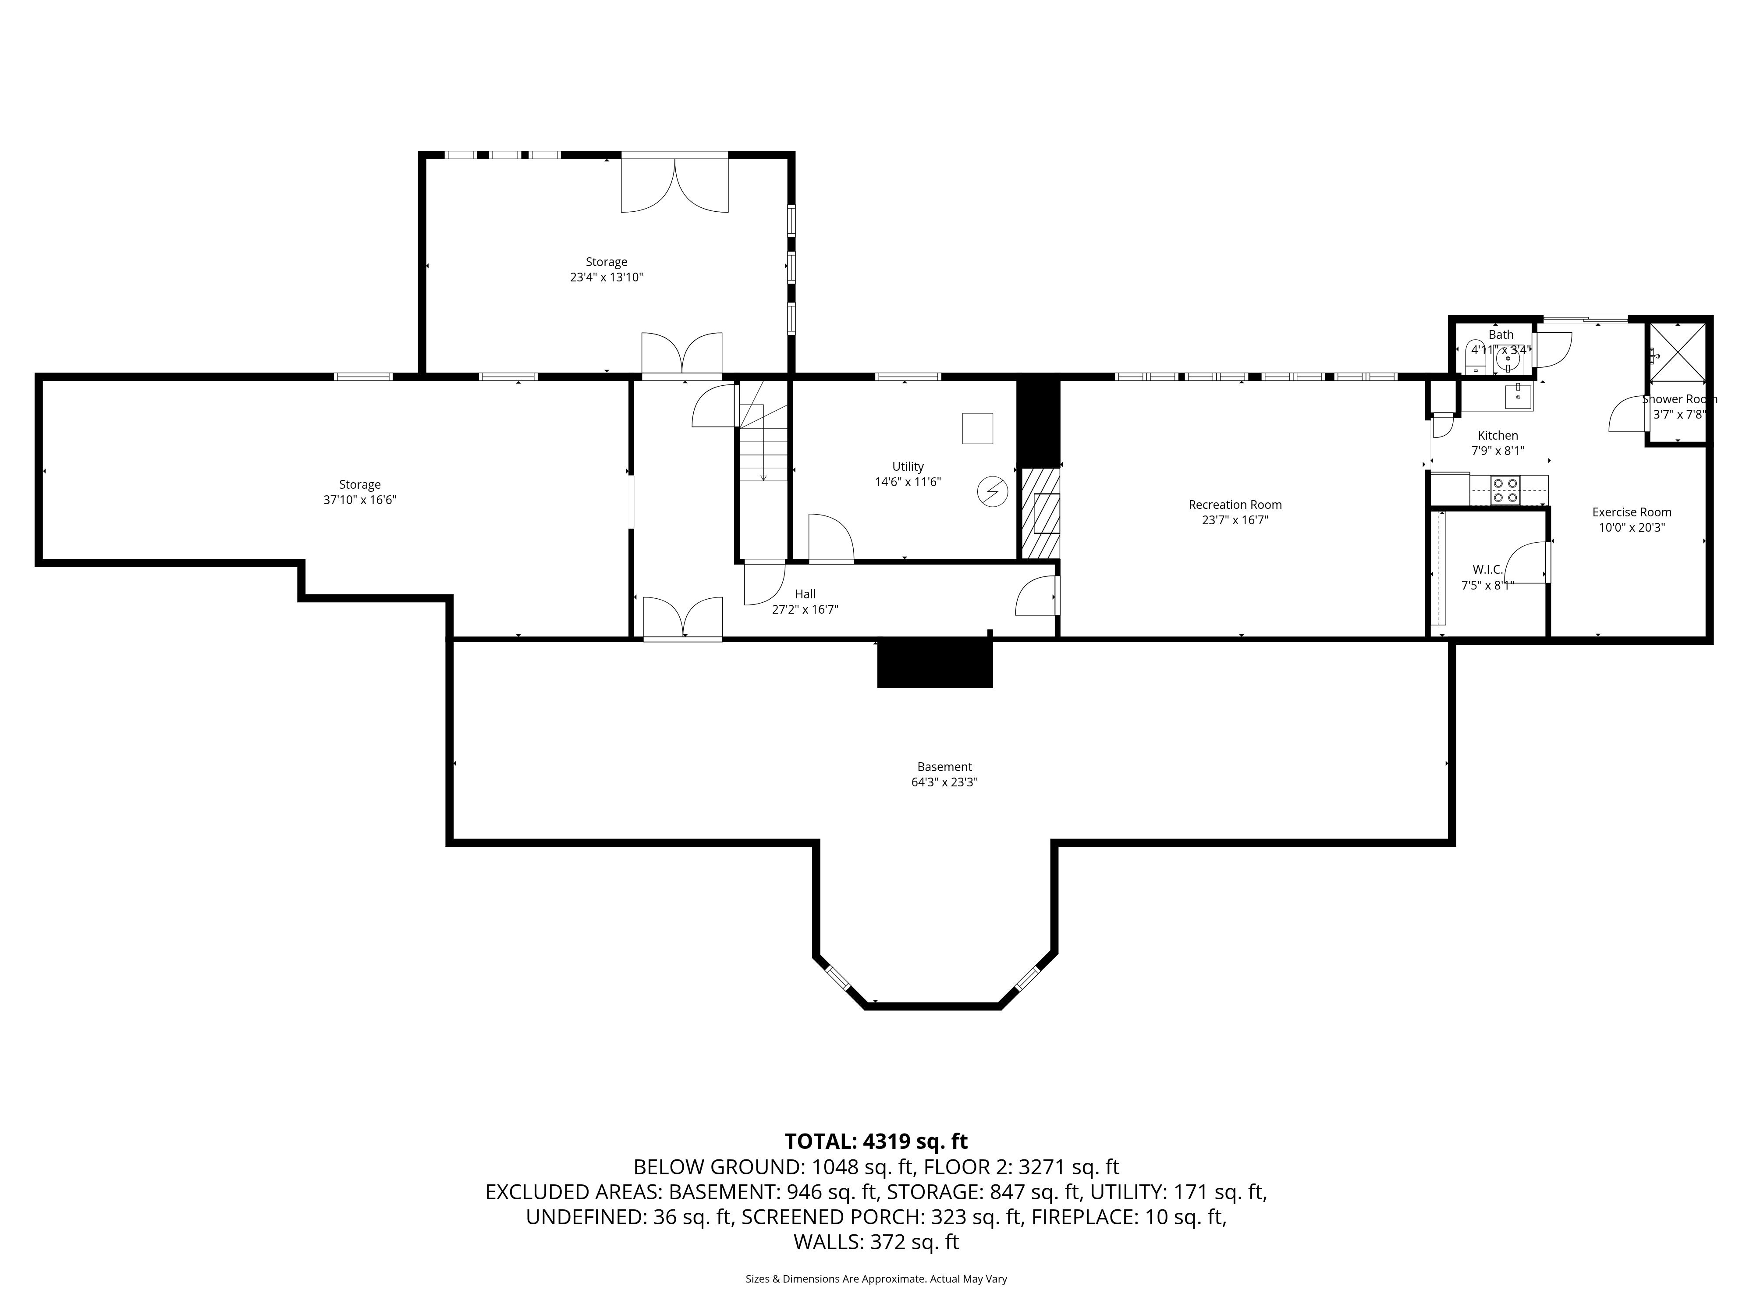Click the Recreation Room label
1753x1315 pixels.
tap(1235, 505)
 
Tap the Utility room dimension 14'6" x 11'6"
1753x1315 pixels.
tap(908, 482)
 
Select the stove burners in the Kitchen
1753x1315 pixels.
tap(1505, 490)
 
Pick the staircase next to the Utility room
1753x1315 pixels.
tap(763, 432)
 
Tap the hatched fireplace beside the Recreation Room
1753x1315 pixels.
tap(1040, 514)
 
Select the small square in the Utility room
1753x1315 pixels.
tap(977, 428)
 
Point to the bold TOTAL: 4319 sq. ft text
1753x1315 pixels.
tap(876, 1141)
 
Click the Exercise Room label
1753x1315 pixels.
tap(1632, 512)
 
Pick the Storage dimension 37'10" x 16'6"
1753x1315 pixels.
tap(360, 500)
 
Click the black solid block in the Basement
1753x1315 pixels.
tap(934, 663)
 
